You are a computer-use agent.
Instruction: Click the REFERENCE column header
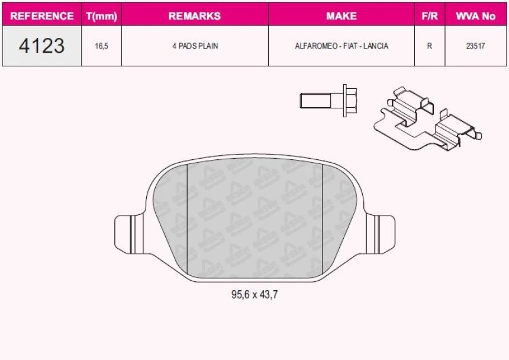tap(42, 16)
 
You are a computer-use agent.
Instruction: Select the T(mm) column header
tap(101, 16)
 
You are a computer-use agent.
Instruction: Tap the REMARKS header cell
tap(194, 16)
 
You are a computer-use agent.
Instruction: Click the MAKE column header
tap(341, 16)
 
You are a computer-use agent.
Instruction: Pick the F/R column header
tap(429, 16)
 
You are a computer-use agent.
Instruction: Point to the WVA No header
tap(475, 16)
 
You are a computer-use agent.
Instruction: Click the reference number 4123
tap(41, 46)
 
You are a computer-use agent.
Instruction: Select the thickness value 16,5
tap(101, 46)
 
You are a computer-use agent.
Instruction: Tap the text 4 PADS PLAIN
tap(195, 46)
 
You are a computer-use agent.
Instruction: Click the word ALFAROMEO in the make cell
tap(315, 46)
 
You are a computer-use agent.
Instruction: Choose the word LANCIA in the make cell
tap(376, 46)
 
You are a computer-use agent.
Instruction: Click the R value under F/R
tap(429, 46)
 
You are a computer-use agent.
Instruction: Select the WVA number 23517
tap(475, 46)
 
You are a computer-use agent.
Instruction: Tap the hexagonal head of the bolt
tap(349, 100)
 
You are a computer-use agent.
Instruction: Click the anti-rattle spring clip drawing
tap(427, 118)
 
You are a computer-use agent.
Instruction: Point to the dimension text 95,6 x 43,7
tap(254, 294)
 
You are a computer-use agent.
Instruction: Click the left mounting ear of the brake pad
tap(128, 233)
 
